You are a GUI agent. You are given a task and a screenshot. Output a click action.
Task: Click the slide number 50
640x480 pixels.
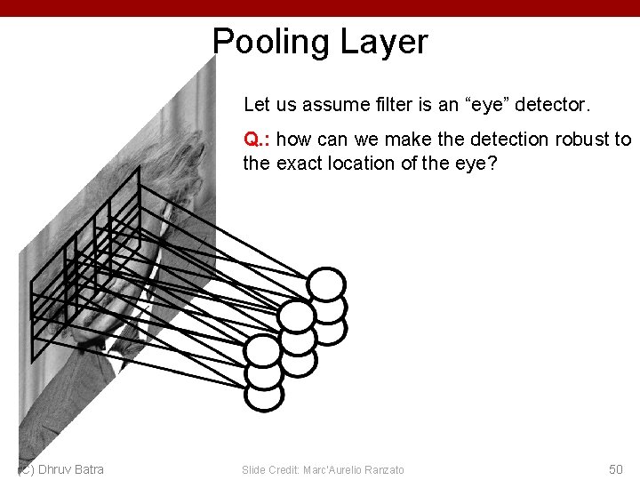point(615,469)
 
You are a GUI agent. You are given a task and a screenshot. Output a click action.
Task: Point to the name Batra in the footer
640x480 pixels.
point(90,469)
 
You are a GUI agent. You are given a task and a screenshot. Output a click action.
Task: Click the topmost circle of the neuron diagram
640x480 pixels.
point(326,284)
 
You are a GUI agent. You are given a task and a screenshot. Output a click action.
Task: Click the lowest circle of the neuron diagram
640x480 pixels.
point(264,395)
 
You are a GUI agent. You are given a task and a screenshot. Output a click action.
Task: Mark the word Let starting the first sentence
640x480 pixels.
point(255,105)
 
